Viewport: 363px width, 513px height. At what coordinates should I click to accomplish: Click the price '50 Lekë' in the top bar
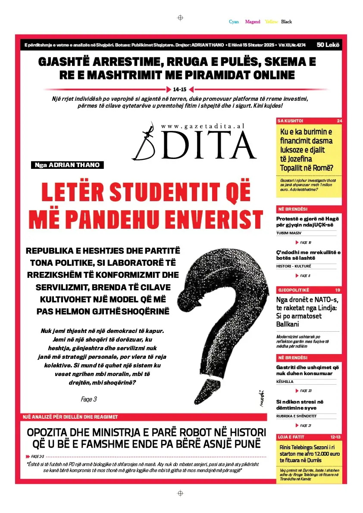(328, 45)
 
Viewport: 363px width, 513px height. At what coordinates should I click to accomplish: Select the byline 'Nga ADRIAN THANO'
(68, 165)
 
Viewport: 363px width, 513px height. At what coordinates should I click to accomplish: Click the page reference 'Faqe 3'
(89, 399)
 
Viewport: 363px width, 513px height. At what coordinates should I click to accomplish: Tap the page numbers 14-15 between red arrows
(179, 90)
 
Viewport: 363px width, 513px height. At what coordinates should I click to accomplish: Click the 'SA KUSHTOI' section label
(290, 121)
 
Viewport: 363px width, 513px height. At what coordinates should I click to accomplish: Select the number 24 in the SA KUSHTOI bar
(339, 121)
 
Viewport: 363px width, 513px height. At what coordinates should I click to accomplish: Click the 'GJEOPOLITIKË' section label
(294, 290)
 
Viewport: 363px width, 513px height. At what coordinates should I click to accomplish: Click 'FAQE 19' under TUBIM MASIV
(305, 243)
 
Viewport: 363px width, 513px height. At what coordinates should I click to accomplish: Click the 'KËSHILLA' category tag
(285, 382)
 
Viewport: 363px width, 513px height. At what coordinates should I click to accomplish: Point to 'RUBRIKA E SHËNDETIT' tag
(297, 416)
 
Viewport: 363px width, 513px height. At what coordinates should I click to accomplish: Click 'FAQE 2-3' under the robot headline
(38, 456)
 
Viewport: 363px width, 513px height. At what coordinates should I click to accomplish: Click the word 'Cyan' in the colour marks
(234, 22)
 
